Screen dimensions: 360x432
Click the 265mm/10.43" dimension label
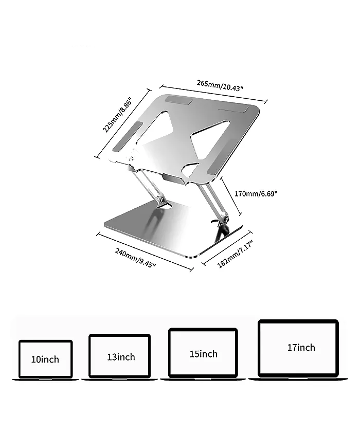(220, 85)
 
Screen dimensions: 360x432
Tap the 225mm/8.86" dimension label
(118, 115)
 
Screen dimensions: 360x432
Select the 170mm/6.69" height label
(256, 194)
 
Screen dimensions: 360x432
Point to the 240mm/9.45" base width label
(135, 258)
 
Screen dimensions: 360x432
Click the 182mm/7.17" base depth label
(235, 254)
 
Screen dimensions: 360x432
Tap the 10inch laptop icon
(45, 360)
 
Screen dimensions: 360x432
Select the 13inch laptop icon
(119, 357)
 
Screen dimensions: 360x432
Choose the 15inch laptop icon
(203, 354)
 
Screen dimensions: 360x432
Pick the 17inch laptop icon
(298, 350)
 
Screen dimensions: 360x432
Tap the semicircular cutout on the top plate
(190, 169)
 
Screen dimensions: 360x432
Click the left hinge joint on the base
(162, 200)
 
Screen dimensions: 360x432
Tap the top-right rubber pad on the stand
(233, 109)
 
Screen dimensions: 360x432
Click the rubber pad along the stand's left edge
(127, 136)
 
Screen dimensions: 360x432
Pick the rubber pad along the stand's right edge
(220, 166)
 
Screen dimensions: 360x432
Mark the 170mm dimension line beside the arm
(231, 195)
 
